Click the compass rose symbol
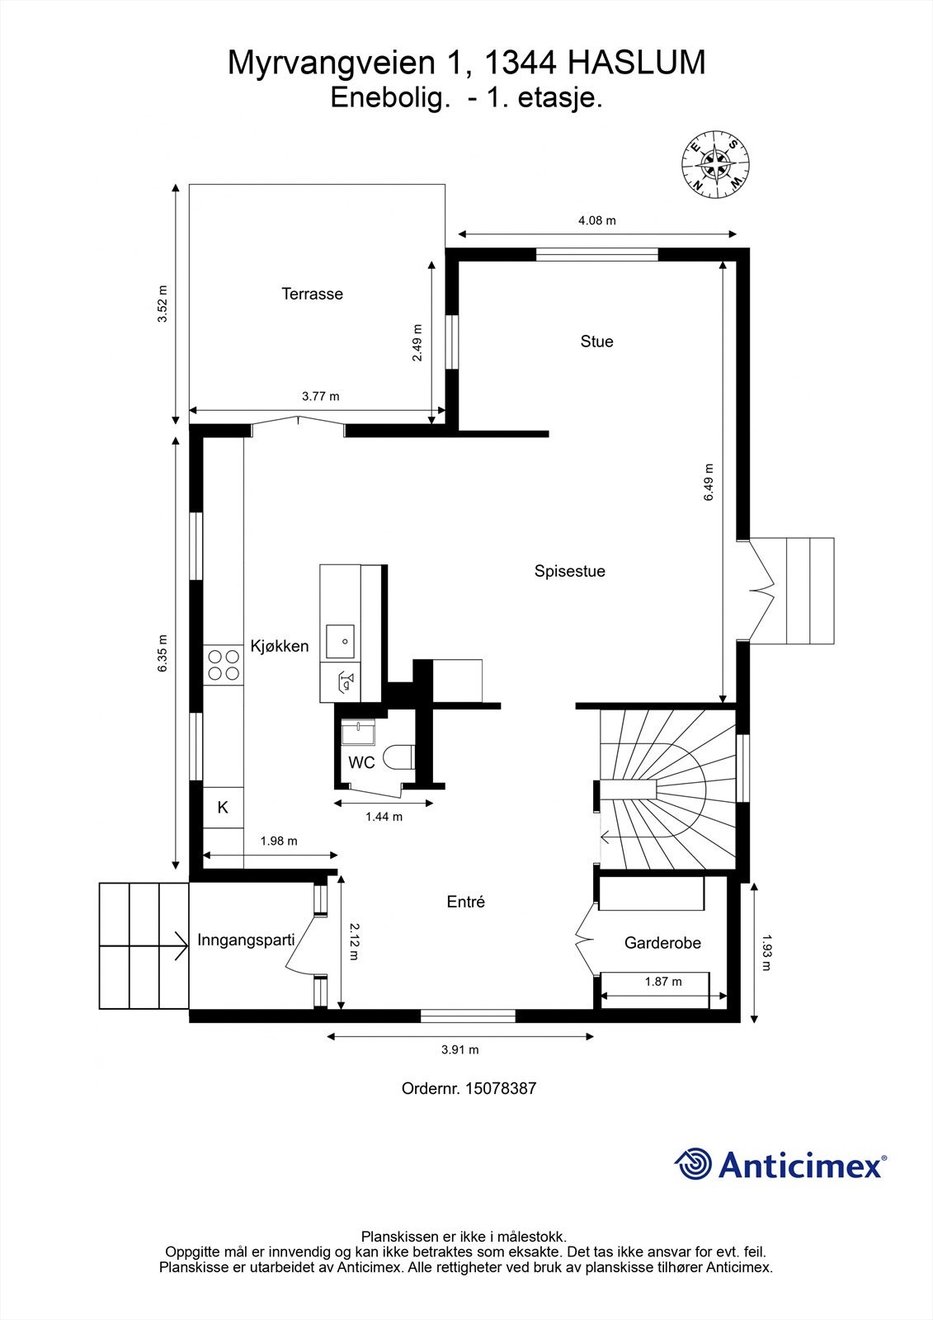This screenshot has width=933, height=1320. [x=715, y=163]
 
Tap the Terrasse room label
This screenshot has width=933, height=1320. [x=312, y=294]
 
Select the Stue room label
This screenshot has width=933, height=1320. [x=596, y=342]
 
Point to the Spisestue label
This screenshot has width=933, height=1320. [x=569, y=571]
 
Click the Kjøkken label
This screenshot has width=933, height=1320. [x=280, y=646]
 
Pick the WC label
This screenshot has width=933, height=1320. [x=361, y=762]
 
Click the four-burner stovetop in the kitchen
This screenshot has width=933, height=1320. [x=224, y=665]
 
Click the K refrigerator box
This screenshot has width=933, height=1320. [x=223, y=808]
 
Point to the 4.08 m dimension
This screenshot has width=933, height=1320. [x=596, y=220]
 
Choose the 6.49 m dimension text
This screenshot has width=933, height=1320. [x=709, y=483]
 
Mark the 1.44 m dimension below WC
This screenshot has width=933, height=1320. [x=384, y=817]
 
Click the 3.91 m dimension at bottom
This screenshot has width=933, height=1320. [x=459, y=1049]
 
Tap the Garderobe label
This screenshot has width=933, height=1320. [x=662, y=942]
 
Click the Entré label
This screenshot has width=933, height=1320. [x=465, y=902]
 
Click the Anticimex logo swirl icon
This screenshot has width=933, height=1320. [x=693, y=1164]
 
